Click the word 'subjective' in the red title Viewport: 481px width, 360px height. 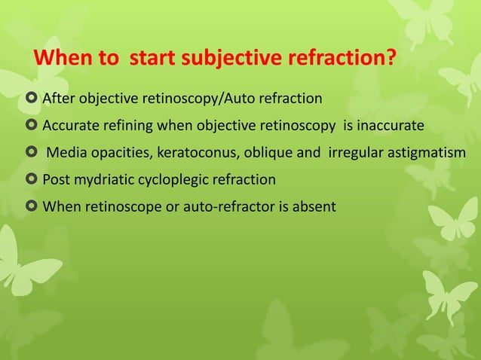click(x=225, y=58)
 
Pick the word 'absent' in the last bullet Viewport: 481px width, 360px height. click(x=316, y=206)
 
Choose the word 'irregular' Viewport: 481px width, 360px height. click(x=354, y=154)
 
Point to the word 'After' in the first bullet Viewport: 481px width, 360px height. click(x=57, y=99)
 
